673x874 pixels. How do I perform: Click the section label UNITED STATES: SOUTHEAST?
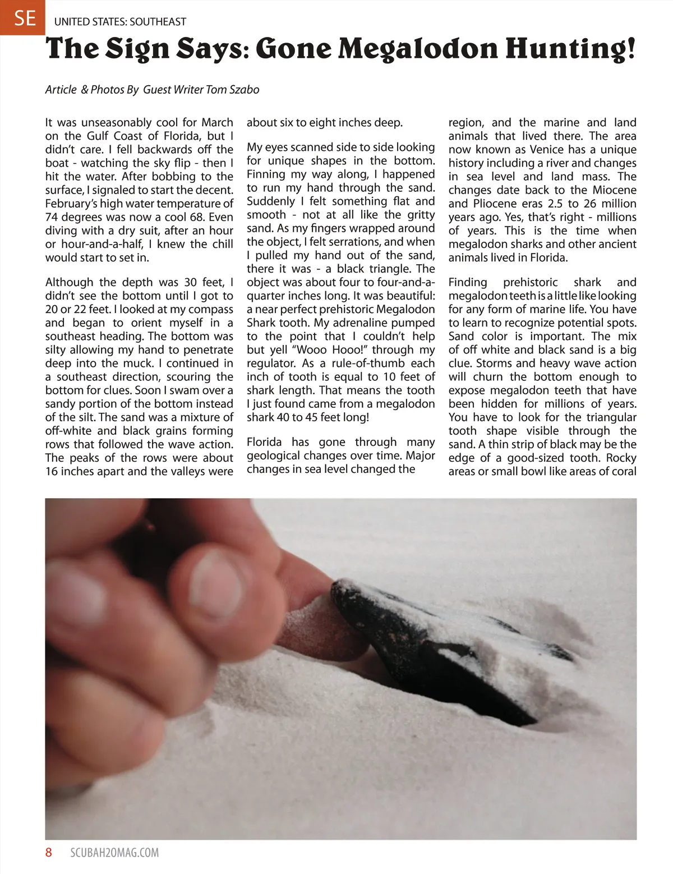[120, 22]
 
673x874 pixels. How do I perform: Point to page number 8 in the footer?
[49, 853]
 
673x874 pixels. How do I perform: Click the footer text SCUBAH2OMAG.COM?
[114, 853]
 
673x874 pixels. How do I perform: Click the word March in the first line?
[217, 122]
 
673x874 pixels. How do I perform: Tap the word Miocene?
[615, 190]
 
